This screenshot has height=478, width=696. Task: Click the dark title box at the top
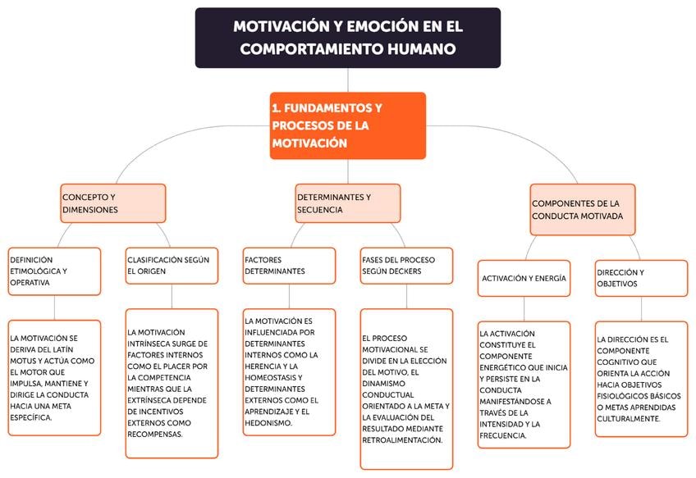click(347, 38)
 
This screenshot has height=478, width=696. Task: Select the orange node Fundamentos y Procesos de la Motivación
click(347, 125)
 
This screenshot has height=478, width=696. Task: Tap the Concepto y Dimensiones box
click(112, 203)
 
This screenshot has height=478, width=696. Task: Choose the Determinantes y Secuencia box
click(347, 203)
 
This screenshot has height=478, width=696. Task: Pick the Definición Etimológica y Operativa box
click(54, 271)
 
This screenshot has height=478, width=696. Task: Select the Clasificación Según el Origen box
click(172, 266)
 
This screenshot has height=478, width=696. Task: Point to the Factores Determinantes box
click(289, 265)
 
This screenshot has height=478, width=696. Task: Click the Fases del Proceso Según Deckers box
click(406, 265)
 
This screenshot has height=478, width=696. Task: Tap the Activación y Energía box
click(524, 278)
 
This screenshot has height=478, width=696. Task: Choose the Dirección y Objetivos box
click(641, 278)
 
